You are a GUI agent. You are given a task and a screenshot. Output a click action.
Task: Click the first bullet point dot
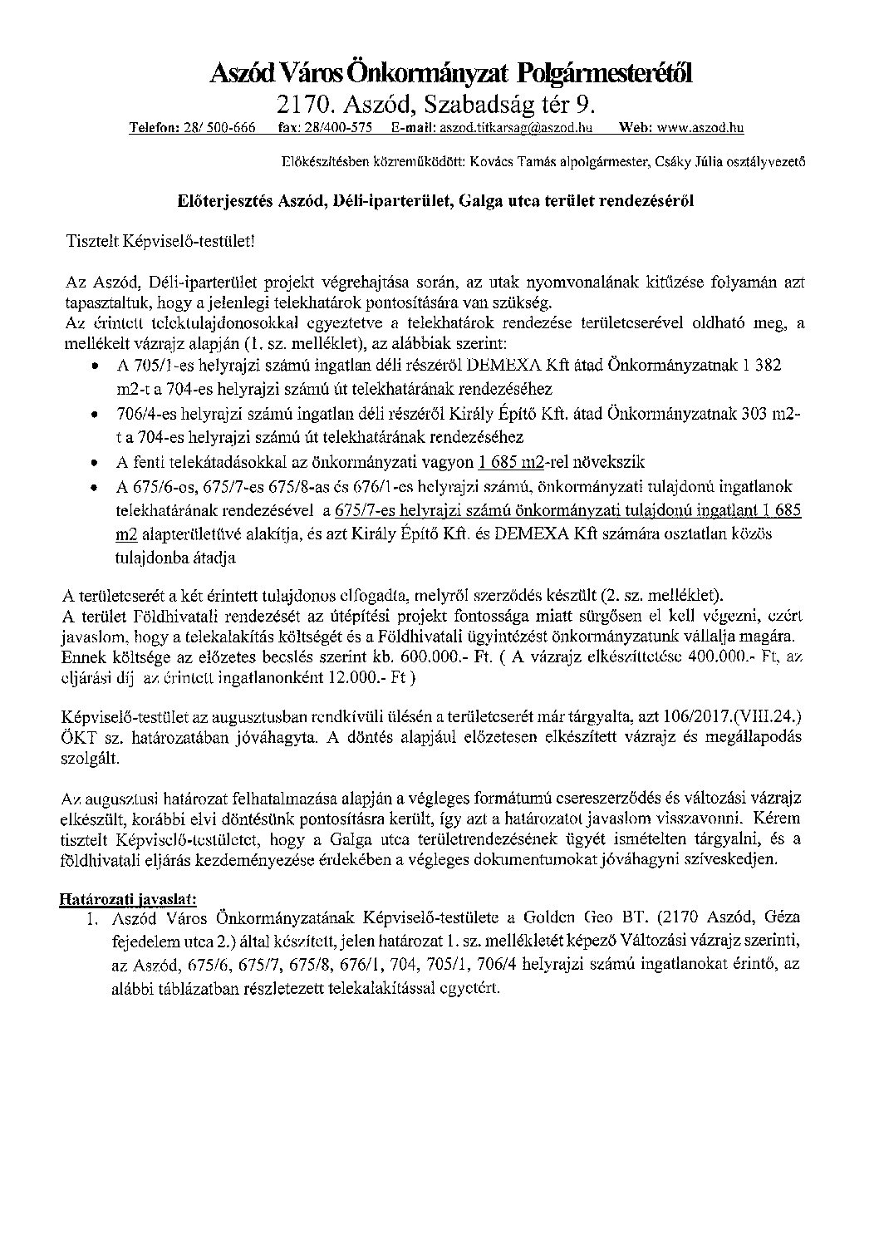pos(97,366)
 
